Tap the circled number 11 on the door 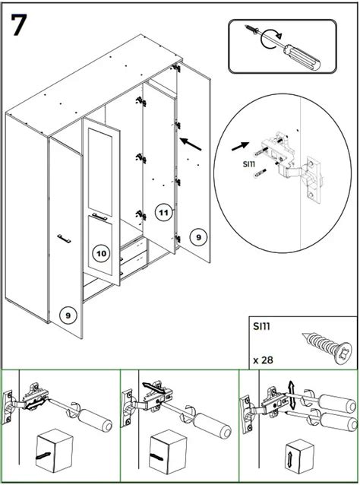pos(163,212)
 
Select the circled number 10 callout pos(100,252)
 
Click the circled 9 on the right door pos(198,237)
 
